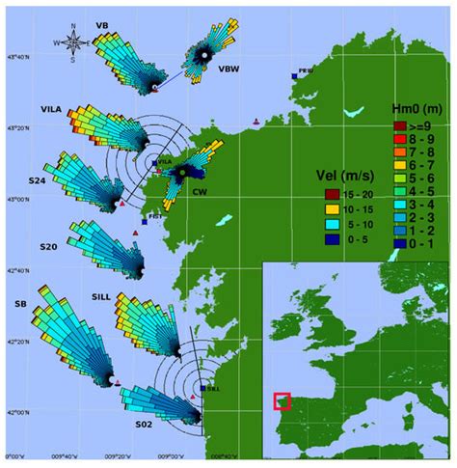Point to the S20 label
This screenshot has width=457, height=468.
click(x=49, y=248)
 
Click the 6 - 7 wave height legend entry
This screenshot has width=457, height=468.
click(x=398, y=165)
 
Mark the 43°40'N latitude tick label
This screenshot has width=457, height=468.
click(x=16, y=58)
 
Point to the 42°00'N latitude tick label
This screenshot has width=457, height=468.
click(x=16, y=413)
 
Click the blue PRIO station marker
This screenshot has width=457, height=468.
click(x=294, y=74)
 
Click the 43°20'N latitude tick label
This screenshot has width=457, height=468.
click(x=16, y=128)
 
